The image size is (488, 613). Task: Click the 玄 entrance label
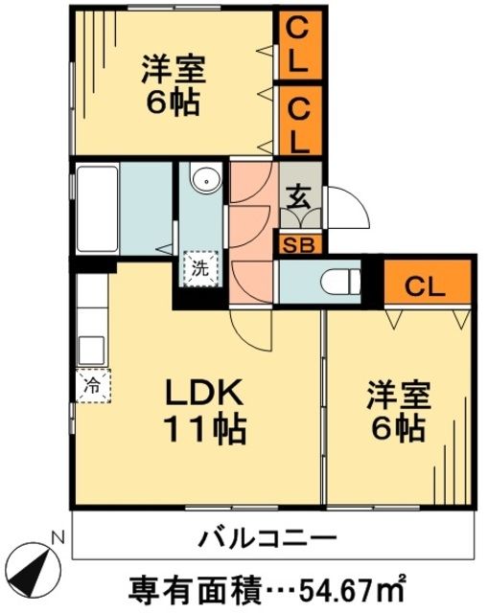coord(299,198)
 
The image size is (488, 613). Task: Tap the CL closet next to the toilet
coord(429,284)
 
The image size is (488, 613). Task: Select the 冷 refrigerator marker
coord(93,387)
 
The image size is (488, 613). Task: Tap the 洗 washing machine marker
coord(200,269)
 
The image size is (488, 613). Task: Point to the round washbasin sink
coord(202,179)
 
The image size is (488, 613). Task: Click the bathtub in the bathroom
coord(96,208)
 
